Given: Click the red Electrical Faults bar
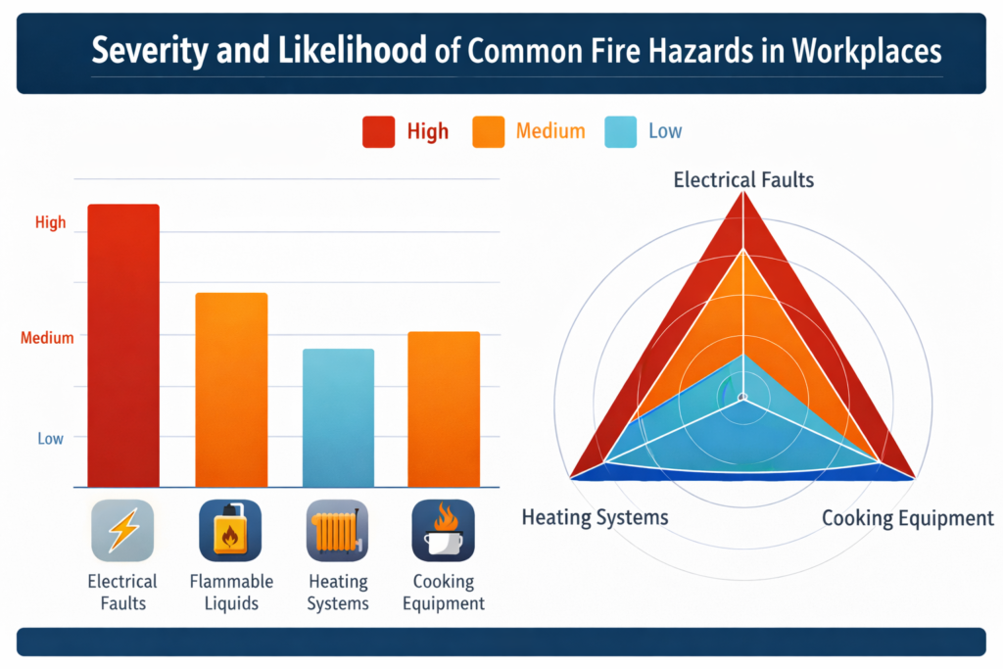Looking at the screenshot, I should click(123, 345).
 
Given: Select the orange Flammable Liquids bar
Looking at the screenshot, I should click(231, 389).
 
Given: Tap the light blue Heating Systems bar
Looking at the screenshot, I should click(338, 417).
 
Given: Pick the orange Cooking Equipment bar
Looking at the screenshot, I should click(444, 408).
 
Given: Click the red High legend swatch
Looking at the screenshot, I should click(378, 131).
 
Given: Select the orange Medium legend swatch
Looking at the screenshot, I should click(488, 131).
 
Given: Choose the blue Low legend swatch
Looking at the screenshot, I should click(620, 131).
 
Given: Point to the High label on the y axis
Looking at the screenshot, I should click(51, 222).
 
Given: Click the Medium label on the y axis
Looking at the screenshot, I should click(47, 338).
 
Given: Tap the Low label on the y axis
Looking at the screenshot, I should click(51, 438).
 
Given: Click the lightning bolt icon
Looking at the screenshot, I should click(122, 530).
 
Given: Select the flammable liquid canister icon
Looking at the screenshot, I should click(230, 530).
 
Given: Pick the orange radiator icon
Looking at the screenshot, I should click(338, 530).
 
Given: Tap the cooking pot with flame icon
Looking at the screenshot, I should click(444, 530).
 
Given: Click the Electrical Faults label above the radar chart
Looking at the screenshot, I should click(743, 179).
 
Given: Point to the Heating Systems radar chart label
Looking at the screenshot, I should click(595, 516).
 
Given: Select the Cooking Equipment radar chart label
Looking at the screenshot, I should click(907, 518).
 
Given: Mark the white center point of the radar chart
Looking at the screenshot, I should click(742, 397).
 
